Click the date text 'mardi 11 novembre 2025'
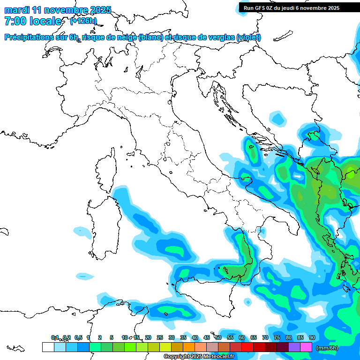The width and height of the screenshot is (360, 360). click(58, 10)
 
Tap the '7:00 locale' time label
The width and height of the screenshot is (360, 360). click(33, 21)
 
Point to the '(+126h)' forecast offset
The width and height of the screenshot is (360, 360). click(83, 21)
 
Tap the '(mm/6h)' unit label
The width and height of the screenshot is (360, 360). click(327, 348)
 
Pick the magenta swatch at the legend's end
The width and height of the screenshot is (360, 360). click(306, 347)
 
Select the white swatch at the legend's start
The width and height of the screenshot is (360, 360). click(48, 347)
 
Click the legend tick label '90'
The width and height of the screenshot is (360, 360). click(312, 337)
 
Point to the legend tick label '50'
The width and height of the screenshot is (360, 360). click(218, 337)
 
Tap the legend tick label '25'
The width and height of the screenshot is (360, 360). click(160, 337)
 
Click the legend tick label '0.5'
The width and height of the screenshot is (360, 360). click(78, 337)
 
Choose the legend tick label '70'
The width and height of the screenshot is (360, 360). click(265, 337)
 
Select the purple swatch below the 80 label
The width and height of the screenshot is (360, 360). click(294, 347)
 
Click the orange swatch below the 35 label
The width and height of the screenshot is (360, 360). click(189, 347)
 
